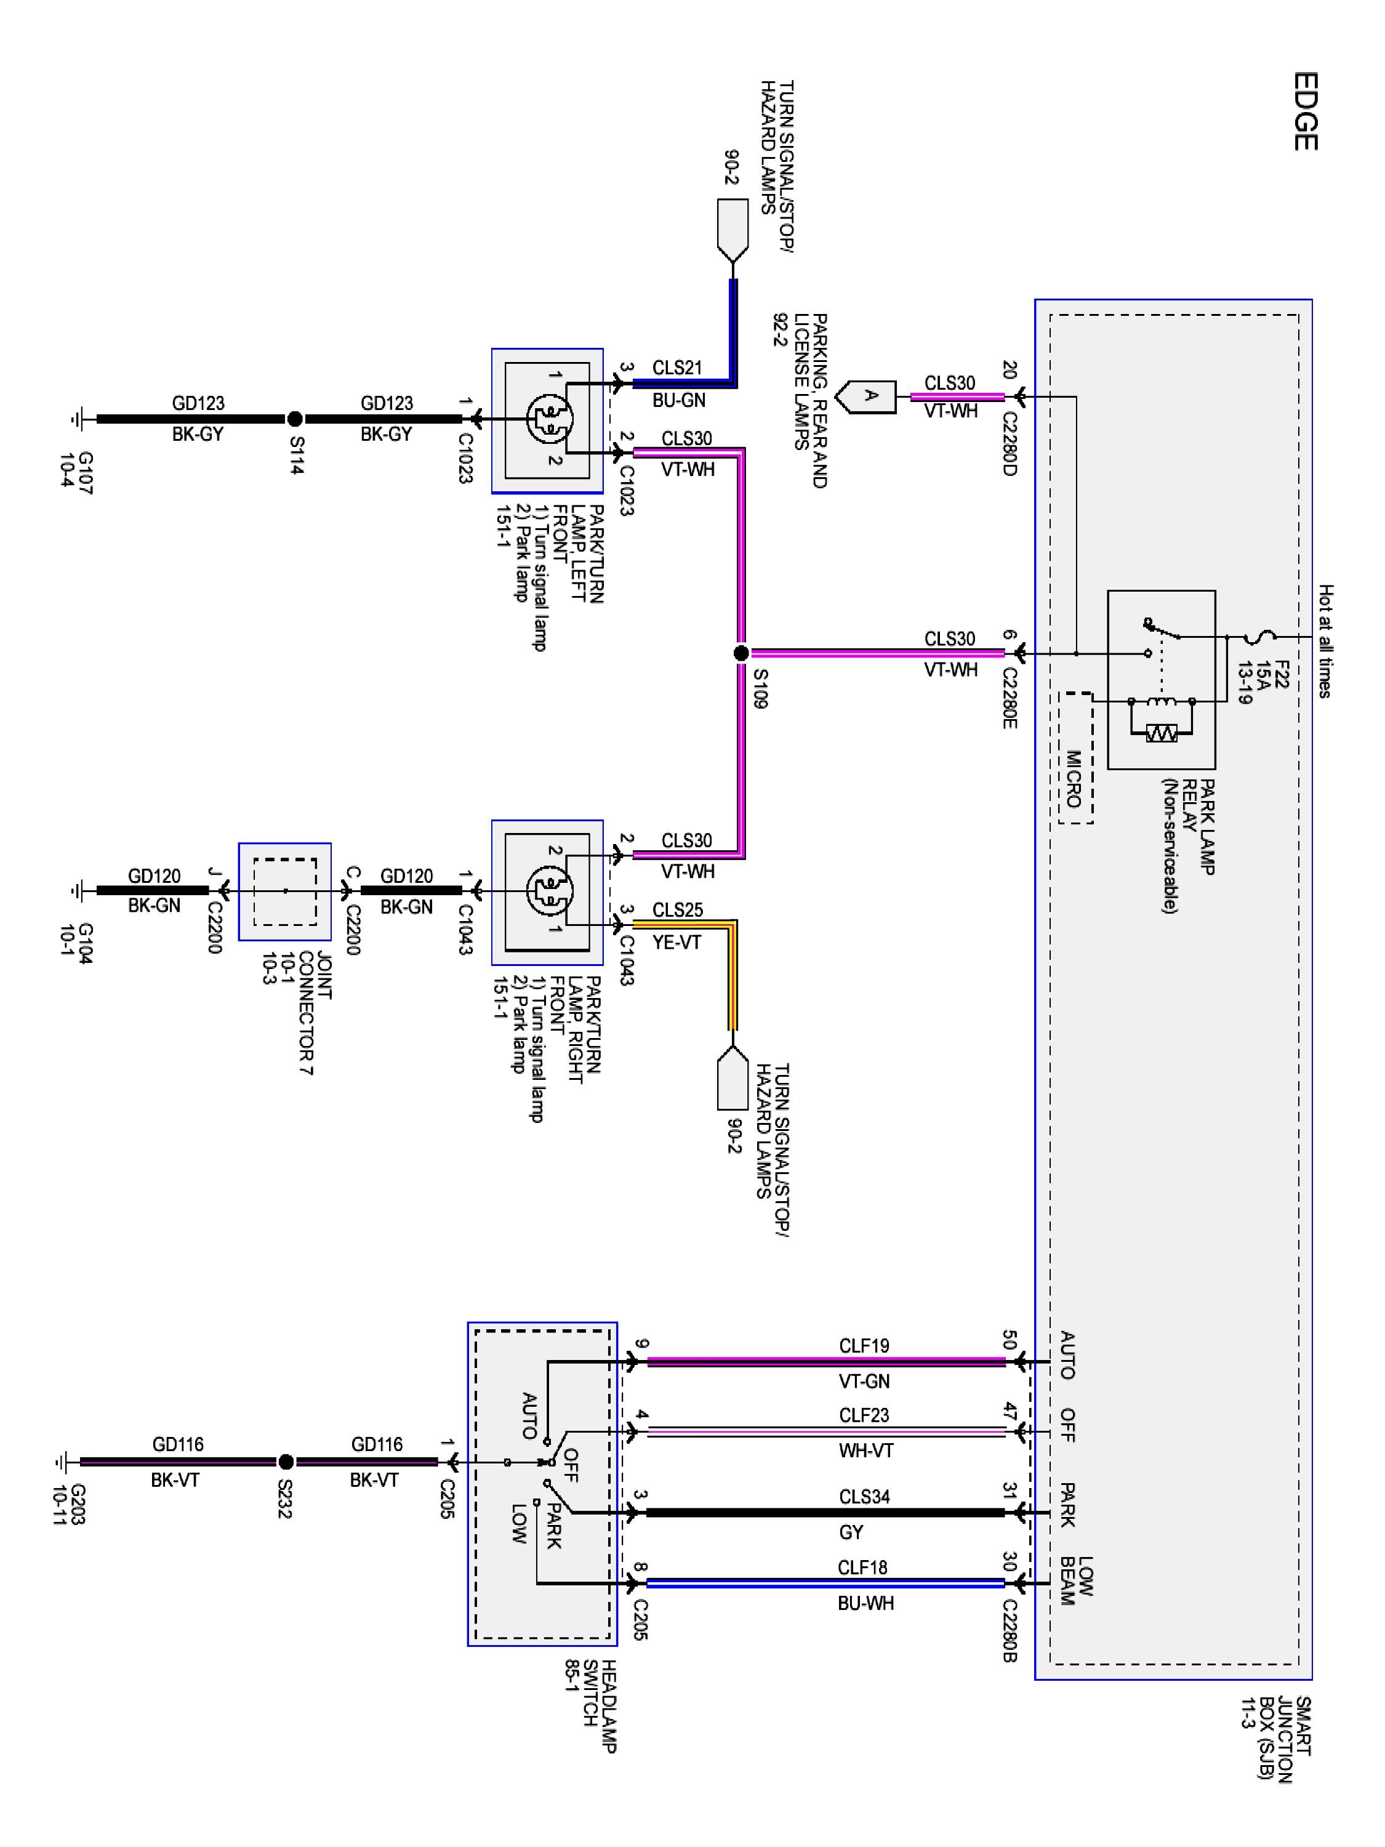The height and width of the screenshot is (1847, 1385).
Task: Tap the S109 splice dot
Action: (x=741, y=653)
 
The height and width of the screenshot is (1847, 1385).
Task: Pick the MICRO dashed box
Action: (x=1075, y=758)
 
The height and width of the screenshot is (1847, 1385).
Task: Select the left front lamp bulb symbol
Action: (x=549, y=418)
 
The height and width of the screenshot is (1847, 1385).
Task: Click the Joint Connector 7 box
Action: (x=284, y=891)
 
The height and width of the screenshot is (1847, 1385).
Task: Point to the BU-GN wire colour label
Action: (x=679, y=401)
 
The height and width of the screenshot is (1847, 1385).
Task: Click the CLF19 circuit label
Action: (x=864, y=1345)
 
